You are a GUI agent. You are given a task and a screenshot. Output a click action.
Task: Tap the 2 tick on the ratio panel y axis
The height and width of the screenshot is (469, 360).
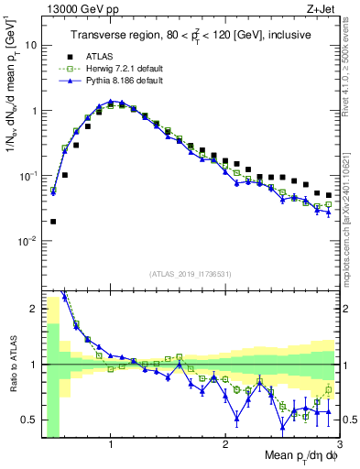pos(33,309)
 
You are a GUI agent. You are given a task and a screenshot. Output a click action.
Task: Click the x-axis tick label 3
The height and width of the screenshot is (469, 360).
pos(339,442)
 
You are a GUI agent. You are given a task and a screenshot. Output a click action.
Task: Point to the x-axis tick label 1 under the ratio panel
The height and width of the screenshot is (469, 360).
pos(111,442)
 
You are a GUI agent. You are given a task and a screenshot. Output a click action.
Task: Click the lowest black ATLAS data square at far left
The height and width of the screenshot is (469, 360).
pos(53,221)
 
